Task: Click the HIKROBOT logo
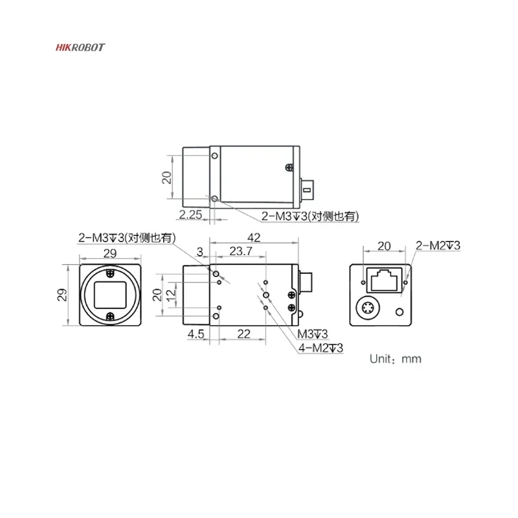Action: [x=80, y=47]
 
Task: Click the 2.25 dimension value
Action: [x=190, y=215]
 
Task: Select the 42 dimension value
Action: [x=254, y=238]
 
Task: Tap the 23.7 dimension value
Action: [x=241, y=251]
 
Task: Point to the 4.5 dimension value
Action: [x=196, y=334]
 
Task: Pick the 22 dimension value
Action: [x=244, y=334]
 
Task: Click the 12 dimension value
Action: [x=171, y=295]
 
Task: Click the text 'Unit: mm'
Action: [x=396, y=359]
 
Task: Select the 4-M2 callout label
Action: [x=321, y=348]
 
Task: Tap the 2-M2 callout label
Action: [x=438, y=245]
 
